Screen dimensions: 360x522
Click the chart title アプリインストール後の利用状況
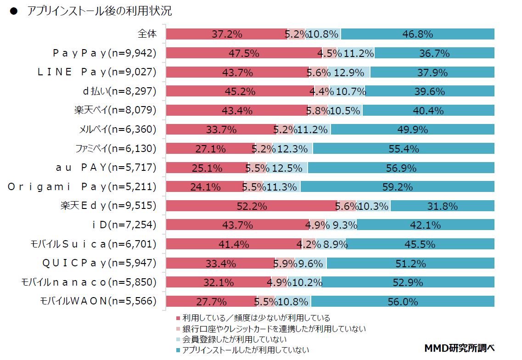coord(99,11)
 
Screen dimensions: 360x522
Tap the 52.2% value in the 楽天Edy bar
coord(252,206)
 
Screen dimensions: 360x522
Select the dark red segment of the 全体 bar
coord(226,34)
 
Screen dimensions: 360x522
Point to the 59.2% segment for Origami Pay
coord(398,187)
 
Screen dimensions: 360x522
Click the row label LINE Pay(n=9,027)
coord(96,72)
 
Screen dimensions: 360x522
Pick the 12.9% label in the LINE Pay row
coord(349,72)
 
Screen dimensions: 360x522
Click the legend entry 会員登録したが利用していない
coord(234,339)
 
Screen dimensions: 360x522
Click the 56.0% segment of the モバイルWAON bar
coord(403,302)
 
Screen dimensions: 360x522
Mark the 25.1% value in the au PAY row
coord(207,168)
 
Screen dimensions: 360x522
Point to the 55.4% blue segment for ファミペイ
coord(404,149)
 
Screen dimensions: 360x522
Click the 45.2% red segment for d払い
coord(240,91)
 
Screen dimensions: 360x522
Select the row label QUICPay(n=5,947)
coord(99,263)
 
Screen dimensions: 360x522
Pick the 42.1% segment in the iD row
coord(426,225)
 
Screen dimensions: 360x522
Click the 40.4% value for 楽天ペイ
coord(428,111)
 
